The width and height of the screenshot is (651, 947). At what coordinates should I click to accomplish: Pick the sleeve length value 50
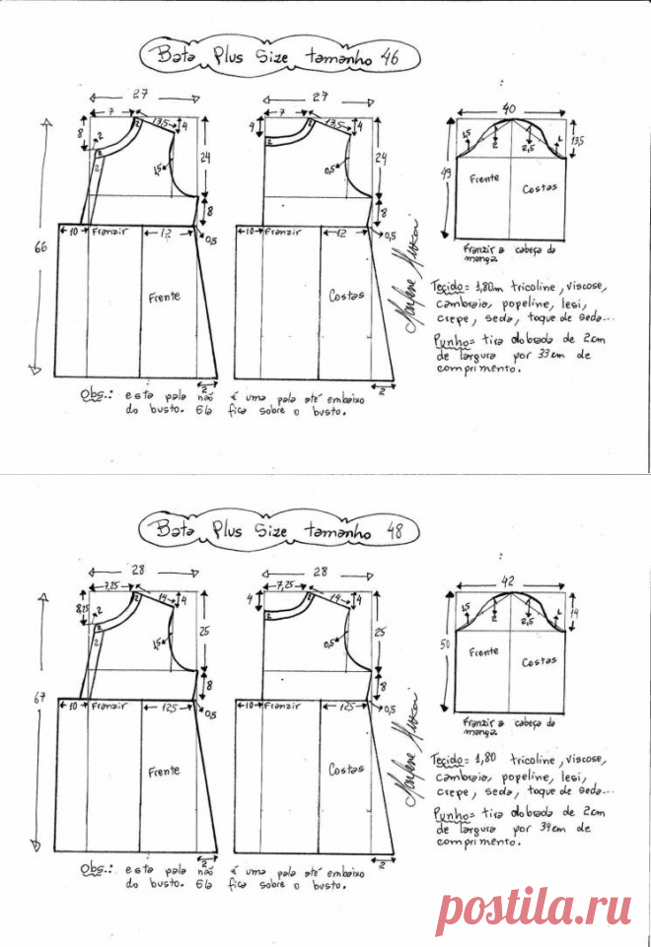click(447, 643)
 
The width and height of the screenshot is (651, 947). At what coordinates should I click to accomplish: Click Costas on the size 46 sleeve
click(539, 186)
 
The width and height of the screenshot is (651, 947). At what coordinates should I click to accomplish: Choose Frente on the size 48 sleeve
click(483, 652)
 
